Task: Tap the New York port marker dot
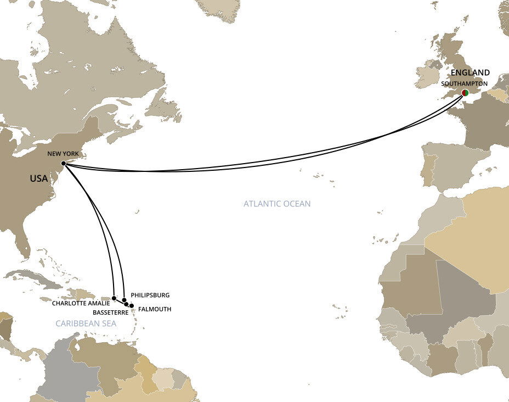[x=64, y=164]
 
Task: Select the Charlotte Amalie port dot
[x=114, y=298]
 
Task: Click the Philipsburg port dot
[x=125, y=300]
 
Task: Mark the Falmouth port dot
[x=131, y=305]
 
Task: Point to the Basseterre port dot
[x=127, y=304]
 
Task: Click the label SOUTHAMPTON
[x=465, y=83]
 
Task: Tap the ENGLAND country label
[x=470, y=72]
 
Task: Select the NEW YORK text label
[x=63, y=154]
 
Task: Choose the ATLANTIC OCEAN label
[x=277, y=204]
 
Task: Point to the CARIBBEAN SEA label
[x=86, y=323]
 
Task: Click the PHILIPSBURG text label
[x=150, y=295]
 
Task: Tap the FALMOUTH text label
[x=154, y=309]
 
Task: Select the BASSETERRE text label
[x=111, y=312]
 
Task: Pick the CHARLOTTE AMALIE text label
[x=81, y=303]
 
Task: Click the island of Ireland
[x=426, y=77]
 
